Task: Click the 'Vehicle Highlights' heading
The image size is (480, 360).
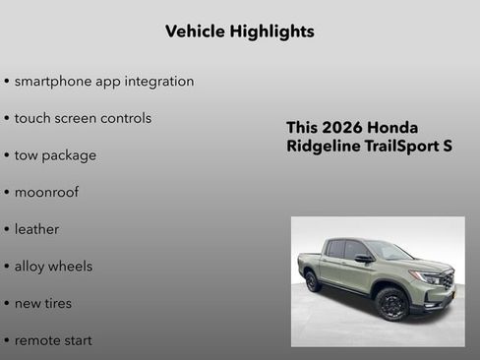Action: tap(239, 31)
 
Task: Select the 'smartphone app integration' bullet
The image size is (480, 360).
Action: tap(104, 81)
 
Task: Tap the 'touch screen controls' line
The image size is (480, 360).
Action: tap(83, 118)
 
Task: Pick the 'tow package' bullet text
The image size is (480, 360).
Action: tap(55, 155)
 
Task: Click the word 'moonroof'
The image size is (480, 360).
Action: tap(46, 192)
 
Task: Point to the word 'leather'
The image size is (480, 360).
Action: tap(36, 229)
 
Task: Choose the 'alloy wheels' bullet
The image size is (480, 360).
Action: tap(53, 267)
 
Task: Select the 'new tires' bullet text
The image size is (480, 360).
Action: tap(43, 303)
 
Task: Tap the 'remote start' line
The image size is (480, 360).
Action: tap(53, 340)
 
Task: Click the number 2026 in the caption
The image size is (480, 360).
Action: tap(344, 128)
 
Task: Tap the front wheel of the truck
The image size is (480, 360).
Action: tap(391, 304)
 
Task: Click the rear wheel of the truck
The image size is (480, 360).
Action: tap(313, 281)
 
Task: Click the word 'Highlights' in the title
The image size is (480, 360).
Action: tap(270, 31)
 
